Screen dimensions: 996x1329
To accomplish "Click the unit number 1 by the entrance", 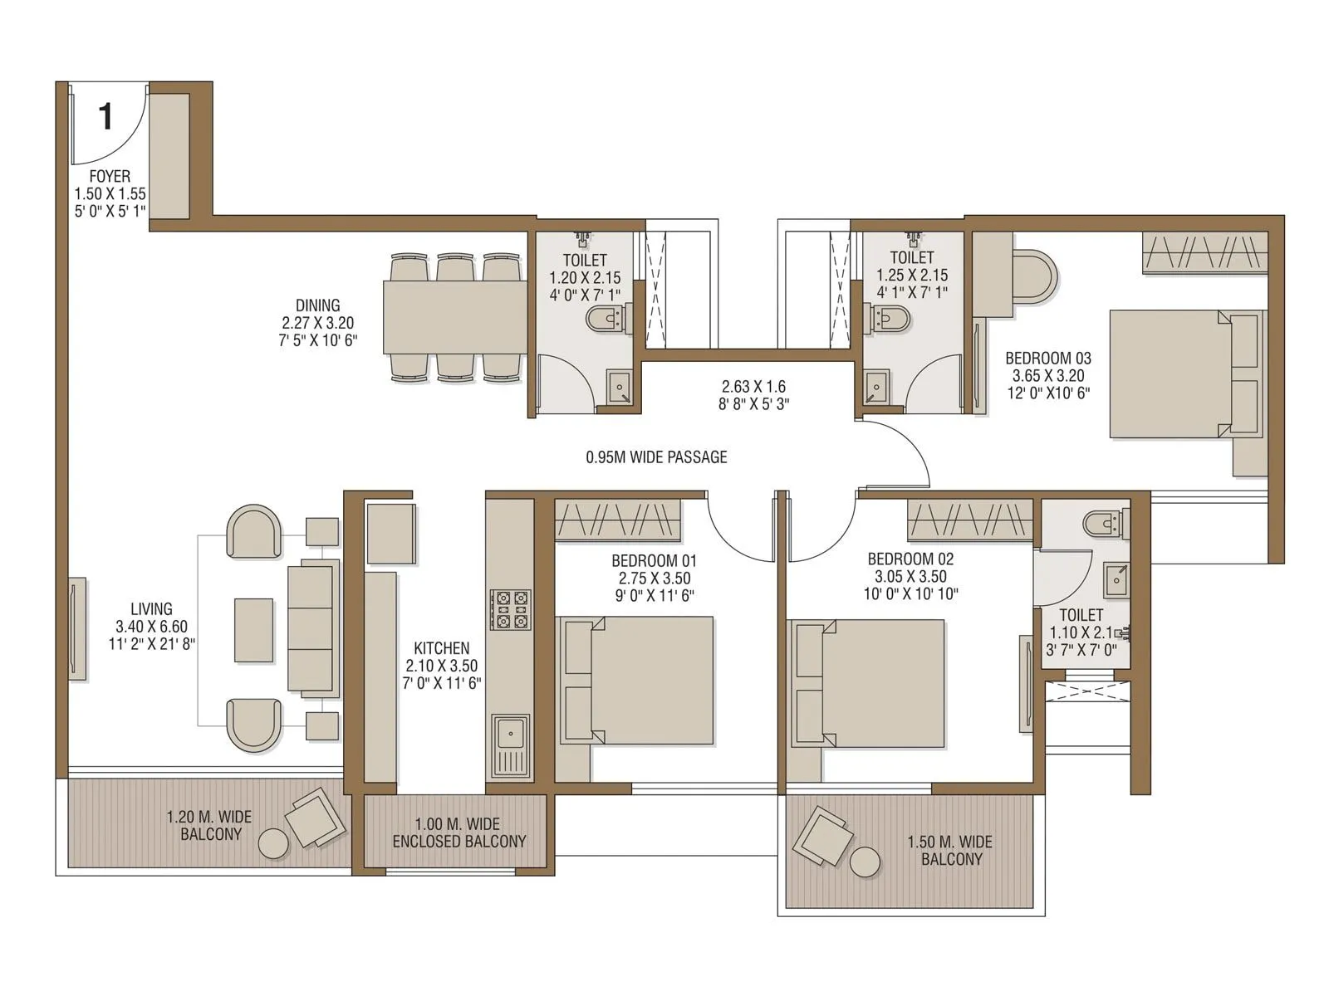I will (105, 117).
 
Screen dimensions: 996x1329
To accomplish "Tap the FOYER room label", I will (110, 177).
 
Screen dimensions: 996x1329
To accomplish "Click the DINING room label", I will (317, 305).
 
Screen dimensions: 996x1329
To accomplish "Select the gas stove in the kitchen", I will (510, 609).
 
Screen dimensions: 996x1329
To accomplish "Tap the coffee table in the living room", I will (253, 630).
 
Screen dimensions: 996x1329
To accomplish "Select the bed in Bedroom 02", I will (868, 683).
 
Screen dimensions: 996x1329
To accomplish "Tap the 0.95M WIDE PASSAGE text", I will (656, 457).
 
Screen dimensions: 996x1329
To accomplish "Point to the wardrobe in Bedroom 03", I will (1205, 252).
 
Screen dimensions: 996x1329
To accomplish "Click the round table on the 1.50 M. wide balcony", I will (865, 862).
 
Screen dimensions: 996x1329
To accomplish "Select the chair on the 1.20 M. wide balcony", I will (315, 818).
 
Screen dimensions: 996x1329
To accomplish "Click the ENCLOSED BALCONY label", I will (459, 841).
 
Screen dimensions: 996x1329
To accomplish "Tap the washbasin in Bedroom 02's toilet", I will (1116, 579).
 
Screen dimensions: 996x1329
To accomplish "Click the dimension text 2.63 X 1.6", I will (753, 387).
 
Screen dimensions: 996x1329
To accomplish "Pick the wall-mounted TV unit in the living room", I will (76, 628).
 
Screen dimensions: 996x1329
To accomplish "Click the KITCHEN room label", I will (442, 648).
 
